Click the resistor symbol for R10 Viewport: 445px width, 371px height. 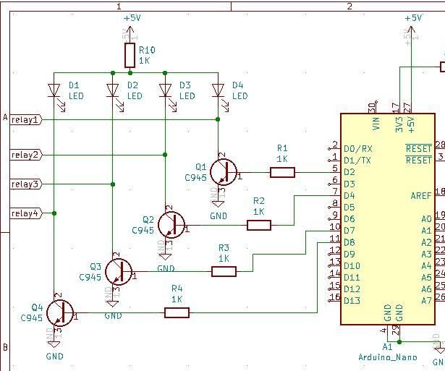click(x=130, y=55)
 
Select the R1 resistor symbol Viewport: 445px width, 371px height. click(x=282, y=172)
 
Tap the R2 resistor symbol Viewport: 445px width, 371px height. click(x=259, y=225)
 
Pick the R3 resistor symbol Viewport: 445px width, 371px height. click(x=224, y=271)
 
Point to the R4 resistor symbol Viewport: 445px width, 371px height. click(x=177, y=312)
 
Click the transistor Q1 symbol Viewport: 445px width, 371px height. click(x=224, y=172)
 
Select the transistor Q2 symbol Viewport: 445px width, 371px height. click(x=171, y=225)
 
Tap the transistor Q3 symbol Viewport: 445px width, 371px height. click(x=118, y=271)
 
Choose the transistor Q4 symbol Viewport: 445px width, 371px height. click(x=59, y=312)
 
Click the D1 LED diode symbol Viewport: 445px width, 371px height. click(x=54, y=90)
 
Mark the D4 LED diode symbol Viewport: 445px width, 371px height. click(x=218, y=90)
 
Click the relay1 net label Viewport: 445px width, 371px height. click(x=26, y=119)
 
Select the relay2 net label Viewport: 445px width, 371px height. click(x=26, y=155)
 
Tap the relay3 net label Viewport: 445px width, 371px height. click(x=26, y=184)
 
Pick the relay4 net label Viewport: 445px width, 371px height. click(x=26, y=213)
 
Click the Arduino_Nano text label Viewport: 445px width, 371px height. click(x=388, y=357)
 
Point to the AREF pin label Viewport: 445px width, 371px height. click(x=422, y=195)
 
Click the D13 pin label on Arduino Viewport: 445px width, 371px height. click(x=352, y=300)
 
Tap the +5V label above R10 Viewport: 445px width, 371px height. click(x=132, y=17)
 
